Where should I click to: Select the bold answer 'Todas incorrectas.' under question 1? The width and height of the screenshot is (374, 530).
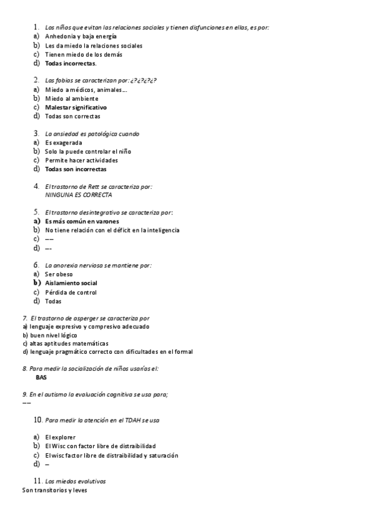[71, 63]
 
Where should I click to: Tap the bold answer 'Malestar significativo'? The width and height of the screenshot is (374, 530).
[76, 107]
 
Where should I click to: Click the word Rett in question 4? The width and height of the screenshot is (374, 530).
[97, 186]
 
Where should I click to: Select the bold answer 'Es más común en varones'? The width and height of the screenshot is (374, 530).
[82, 221]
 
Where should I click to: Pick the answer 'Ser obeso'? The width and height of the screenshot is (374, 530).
[59, 274]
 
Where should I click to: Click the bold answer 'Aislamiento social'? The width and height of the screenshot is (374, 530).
[71, 283]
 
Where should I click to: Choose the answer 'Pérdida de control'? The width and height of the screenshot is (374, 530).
[71, 292]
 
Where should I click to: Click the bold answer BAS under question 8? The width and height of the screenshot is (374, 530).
[41, 377]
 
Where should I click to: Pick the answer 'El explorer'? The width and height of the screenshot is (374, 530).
[61, 437]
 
